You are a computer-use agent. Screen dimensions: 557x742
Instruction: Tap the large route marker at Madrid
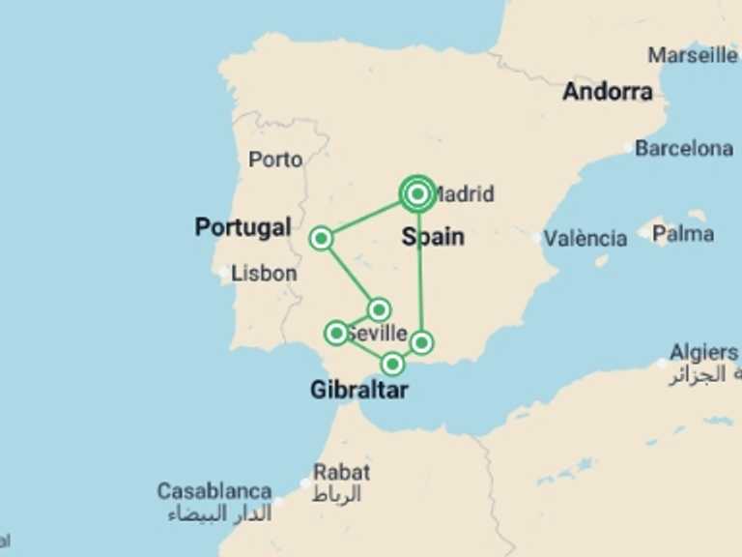click(x=417, y=194)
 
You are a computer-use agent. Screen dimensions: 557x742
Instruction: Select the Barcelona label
click(x=684, y=149)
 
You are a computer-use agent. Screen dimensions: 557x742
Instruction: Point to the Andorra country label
click(x=608, y=92)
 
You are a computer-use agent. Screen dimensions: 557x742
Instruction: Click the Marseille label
click(x=693, y=55)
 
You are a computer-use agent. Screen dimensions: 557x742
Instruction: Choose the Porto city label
click(x=275, y=160)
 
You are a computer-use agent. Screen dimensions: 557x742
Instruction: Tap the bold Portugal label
click(x=243, y=227)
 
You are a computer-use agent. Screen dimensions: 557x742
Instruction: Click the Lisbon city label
click(x=264, y=274)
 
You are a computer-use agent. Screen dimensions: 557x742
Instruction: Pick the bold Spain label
click(x=433, y=237)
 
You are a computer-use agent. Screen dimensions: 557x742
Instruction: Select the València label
click(x=585, y=238)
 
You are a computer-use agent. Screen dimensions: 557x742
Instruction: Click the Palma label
click(x=683, y=234)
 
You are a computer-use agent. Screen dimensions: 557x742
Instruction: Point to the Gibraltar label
click(x=358, y=391)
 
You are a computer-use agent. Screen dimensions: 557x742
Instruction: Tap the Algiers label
click(x=703, y=353)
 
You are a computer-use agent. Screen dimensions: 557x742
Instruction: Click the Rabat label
click(x=342, y=473)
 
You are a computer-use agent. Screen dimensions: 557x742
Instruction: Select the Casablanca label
click(x=214, y=491)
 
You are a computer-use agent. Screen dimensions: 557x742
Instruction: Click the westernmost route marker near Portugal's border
click(x=322, y=238)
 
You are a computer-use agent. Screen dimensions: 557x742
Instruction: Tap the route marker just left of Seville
click(x=336, y=333)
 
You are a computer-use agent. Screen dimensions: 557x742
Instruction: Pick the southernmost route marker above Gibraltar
click(x=392, y=364)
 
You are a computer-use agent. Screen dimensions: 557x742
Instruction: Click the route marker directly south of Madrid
click(x=422, y=342)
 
